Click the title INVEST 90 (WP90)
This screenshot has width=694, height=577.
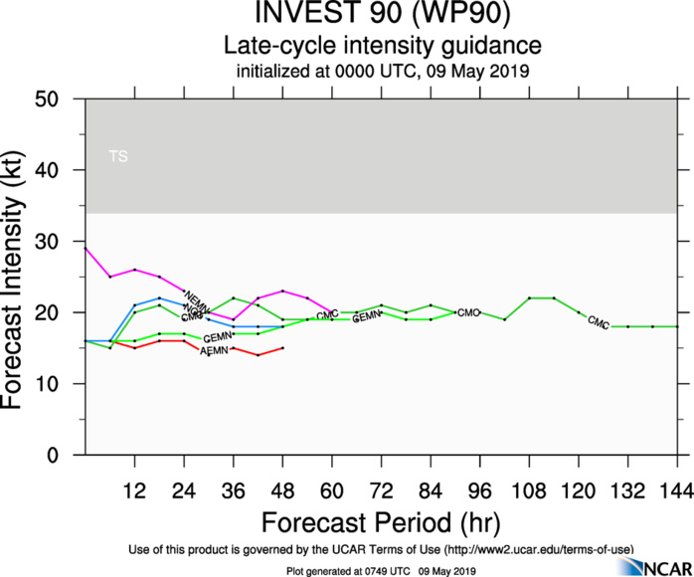point(382,16)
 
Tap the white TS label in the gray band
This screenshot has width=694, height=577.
point(118,156)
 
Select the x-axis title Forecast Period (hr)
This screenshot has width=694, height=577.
point(382,522)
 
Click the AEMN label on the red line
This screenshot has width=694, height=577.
point(214,351)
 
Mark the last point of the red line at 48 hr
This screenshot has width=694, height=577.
point(283,348)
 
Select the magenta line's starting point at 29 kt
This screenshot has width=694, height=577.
point(86,249)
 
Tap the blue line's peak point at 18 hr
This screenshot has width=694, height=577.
point(160,298)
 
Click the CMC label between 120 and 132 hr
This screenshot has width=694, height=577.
point(598,321)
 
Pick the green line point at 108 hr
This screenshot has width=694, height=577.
point(529,298)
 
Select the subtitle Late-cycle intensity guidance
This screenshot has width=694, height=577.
point(382,45)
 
